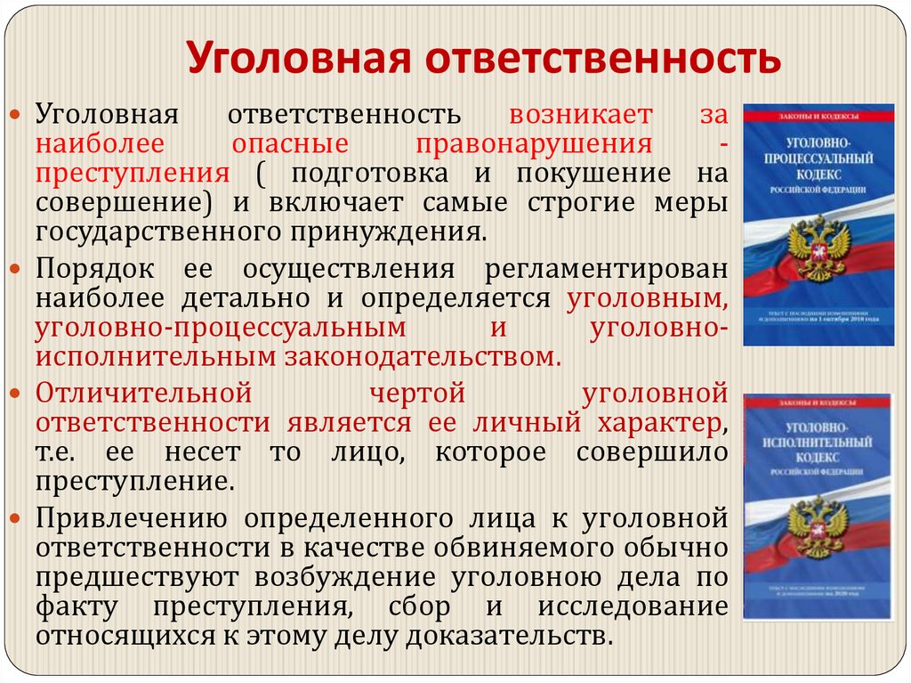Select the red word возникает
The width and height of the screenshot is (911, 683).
[x=581, y=115]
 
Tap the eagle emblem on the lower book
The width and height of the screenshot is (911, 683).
[x=818, y=524]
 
